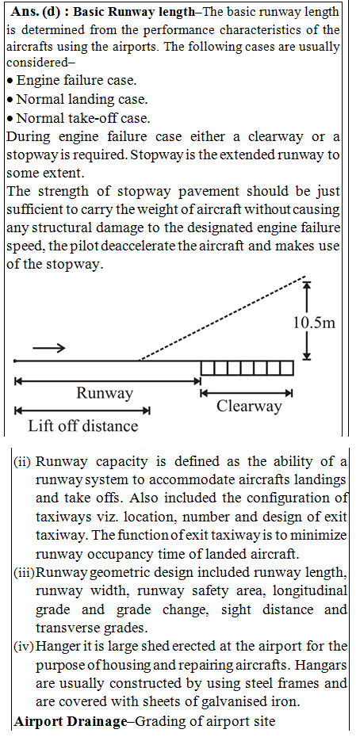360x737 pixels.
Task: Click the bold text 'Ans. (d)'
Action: [37, 13]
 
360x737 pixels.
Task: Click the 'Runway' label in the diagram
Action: [105, 393]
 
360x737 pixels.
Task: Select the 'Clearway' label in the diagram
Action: [249, 406]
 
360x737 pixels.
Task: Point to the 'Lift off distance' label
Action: [82, 426]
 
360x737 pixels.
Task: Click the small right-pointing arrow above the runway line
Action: [49, 347]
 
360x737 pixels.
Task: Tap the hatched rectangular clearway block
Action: [246, 368]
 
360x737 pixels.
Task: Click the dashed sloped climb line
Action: [222, 318]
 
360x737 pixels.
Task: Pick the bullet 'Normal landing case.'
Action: [76, 100]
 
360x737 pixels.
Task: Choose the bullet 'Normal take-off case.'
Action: [78, 118]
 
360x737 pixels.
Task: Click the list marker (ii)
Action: [22, 463]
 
